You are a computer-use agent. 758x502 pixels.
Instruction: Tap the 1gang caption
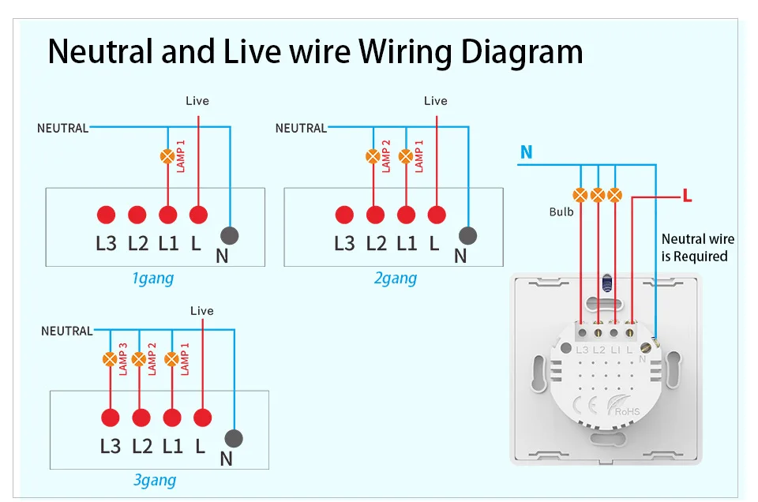(x=152, y=278)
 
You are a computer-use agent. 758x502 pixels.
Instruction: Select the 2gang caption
(x=396, y=278)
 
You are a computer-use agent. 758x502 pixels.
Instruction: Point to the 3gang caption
(x=155, y=480)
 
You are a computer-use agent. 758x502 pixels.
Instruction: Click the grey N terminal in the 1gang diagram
(x=230, y=234)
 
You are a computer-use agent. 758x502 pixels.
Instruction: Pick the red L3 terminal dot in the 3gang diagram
(x=110, y=418)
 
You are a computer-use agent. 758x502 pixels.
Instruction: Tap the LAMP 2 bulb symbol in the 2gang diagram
(x=373, y=156)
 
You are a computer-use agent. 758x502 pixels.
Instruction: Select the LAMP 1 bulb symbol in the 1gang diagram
(x=167, y=156)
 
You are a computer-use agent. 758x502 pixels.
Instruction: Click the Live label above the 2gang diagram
(x=435, y=101)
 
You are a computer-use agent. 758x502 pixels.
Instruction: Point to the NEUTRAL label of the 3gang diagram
(x=66, y=331)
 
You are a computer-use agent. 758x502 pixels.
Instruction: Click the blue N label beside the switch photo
(x=527, y=152)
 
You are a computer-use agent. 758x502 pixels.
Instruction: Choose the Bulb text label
(x=561, y=212)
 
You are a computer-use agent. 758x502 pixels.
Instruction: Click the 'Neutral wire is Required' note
(x=697, y=247)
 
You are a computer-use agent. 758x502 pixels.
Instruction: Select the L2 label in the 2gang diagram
(x=376, y=243)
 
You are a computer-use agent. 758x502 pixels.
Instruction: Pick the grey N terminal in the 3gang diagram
(x=234, y=439)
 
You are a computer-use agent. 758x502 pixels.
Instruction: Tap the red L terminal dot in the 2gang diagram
(x=437, y=215)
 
